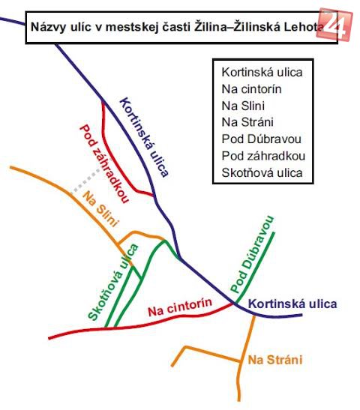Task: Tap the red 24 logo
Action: [334, 25]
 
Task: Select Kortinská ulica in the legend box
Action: [262, 72]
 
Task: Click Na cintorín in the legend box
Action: [251, 89]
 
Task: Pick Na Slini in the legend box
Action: [243, 106]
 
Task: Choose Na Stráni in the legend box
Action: [247, 122]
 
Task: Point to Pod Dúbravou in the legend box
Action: [261, 139]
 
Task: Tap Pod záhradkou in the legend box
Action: [263, 156]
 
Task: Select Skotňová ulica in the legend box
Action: [262, 172]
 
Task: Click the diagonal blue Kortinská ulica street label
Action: [144, 137]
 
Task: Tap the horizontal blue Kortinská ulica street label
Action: [292, 304]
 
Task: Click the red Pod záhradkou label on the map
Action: [104, 163]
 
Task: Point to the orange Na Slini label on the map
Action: [100, 208]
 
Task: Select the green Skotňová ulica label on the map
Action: [113, 283]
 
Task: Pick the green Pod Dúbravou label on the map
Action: [253, 254]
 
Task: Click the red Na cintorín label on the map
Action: [180, 307]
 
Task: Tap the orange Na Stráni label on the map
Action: [275, 360]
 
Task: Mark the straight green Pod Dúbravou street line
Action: [255, 268]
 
